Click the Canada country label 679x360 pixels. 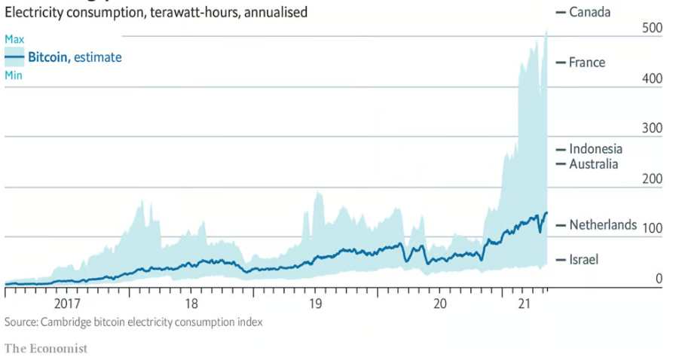coord(590,11)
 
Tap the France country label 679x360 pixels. coord(587,63)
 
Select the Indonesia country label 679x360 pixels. coord(595,149)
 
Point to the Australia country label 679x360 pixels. coord(593,164)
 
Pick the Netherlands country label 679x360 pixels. coord(603,224)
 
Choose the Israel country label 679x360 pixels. coord(583,260)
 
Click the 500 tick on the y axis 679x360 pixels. coord(651,29)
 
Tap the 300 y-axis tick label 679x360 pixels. coord(651,129)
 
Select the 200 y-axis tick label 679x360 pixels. coord(651,179)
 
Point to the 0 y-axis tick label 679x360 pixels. coord(658,279)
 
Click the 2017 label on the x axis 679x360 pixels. coord(67,304)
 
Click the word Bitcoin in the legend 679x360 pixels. coord(47,57)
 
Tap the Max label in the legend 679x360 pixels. coord(14,38)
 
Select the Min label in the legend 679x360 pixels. coord(14,75)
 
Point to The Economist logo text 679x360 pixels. coord(46,348)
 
